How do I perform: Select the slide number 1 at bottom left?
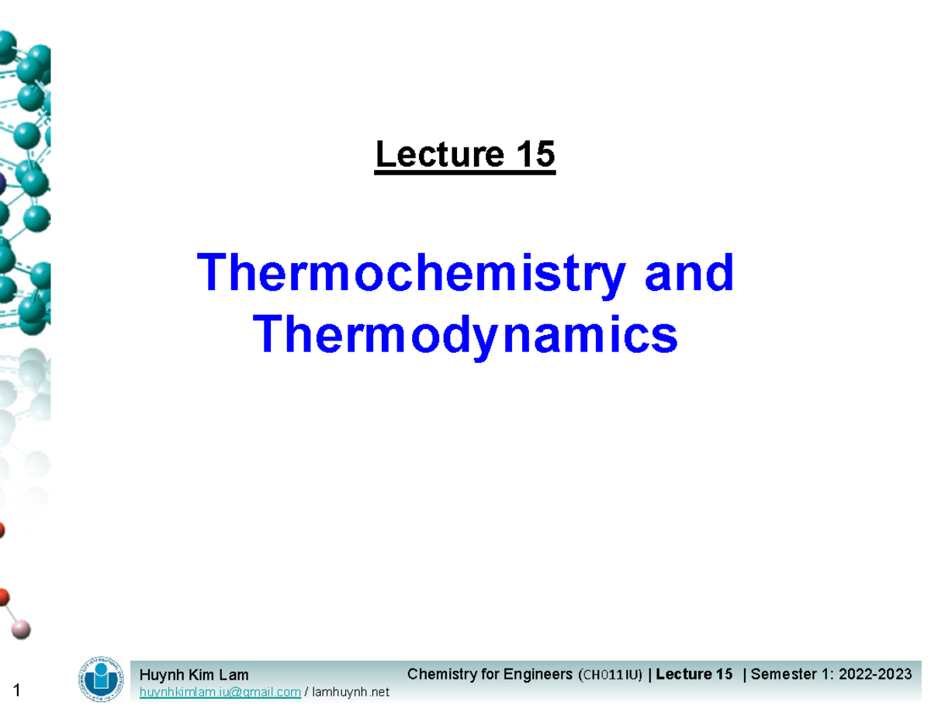[x=19, y=691]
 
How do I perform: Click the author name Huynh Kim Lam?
[x=194, y=676]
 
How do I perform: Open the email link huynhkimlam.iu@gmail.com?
[x=220, y=692]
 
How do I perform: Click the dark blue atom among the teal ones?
[x=2, y=184]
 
